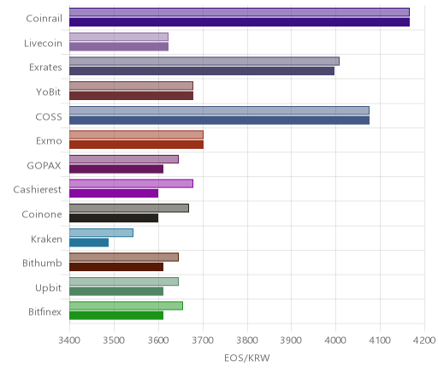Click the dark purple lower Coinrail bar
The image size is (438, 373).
[240, 22]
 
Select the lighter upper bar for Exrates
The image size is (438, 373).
[204, 62]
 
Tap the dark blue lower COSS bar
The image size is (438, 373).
[219, 121]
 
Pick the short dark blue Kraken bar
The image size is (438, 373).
[89, 243]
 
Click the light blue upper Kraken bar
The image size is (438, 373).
[101, 233]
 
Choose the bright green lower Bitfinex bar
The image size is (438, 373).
[116, 316]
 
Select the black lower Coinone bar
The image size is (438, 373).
[114, 218]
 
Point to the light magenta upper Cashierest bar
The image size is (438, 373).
[131, 184]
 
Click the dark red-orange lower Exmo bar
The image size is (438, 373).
[136, 145]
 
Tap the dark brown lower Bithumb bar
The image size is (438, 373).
[116, 267]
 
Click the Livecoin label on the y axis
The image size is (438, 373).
[43, 44]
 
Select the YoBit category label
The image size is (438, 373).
[49, 92]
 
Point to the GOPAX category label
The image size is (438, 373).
[44, 166]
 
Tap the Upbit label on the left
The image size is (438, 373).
[48, 288]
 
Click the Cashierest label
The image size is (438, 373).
[38, 190]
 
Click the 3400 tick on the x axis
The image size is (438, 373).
[69, 340]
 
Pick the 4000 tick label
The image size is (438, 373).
[335, 340]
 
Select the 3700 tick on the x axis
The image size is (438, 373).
[203, 340]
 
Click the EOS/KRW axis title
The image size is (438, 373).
[247, 358]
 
